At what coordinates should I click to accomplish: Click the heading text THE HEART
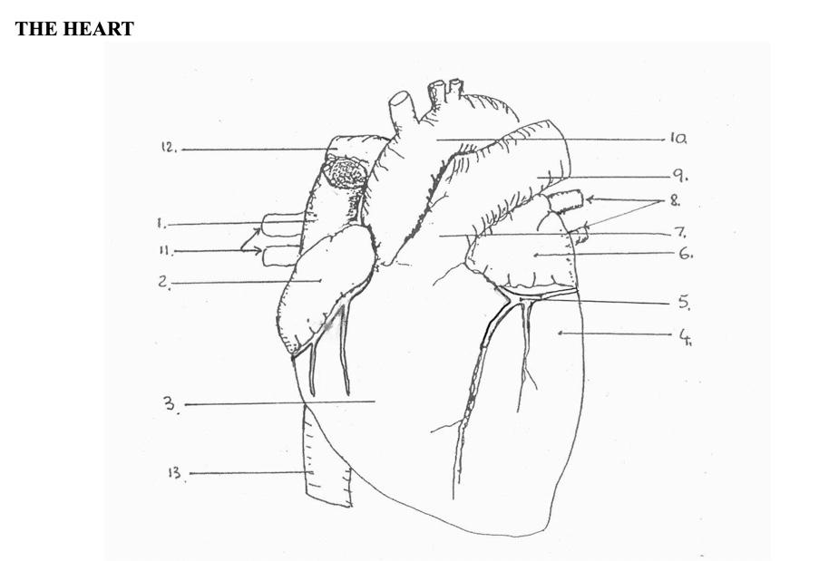point(74,29)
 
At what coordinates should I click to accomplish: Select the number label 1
point(160,223)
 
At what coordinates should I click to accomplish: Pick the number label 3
point(171,404)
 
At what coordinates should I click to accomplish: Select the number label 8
point(676,199)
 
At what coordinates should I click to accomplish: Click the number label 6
point(685,255)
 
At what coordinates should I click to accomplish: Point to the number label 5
point(685,303)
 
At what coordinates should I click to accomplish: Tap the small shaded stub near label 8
point(566,201)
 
